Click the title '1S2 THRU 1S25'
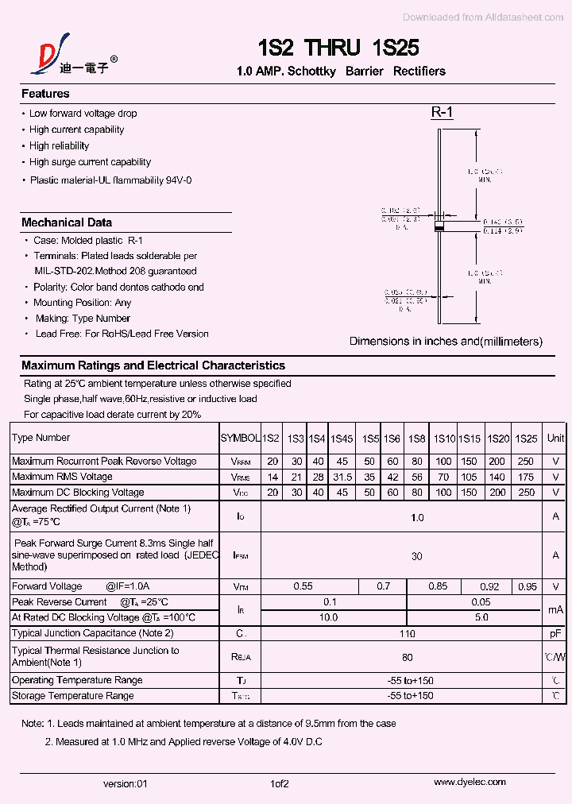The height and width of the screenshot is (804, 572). [338, 48]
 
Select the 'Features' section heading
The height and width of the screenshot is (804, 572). [45, 94]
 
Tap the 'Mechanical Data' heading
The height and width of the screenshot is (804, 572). [67, 222]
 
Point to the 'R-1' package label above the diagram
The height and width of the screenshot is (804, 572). [442, 113]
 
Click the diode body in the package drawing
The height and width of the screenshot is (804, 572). [438, 228]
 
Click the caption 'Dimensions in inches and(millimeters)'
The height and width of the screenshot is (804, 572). [446, 342]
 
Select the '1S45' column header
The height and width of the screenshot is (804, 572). [342, 439]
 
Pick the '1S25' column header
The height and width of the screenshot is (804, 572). [526, 439]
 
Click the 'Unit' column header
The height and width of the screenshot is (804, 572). [556, 438]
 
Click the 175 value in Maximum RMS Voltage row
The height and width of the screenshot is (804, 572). [526, 477]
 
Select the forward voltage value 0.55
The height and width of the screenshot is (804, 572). [303, 586]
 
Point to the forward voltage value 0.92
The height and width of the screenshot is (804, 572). [490, 586]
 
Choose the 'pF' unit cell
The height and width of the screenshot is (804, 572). [556, 633]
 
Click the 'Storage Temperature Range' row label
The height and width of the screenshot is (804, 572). [73, 696]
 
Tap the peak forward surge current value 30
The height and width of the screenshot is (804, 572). [416, 556]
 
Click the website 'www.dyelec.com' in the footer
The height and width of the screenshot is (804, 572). [470, 783]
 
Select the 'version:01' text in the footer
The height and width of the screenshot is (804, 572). [126, 783]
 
